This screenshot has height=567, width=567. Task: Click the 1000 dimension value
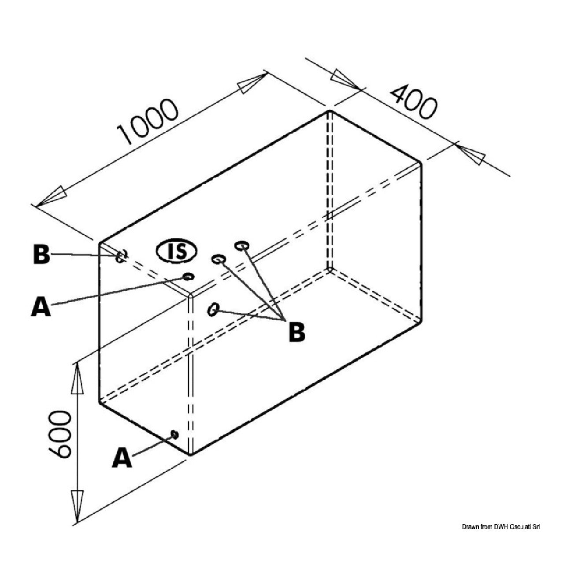tap(148, 122)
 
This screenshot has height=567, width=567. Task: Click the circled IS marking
tap(176, 252)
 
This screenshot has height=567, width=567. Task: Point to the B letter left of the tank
tap(41, 254)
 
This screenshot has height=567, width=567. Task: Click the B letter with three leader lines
tap(296, 332)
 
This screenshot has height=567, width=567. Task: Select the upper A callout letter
tap(41, 306)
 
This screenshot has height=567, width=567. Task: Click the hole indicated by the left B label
tap(121, 256)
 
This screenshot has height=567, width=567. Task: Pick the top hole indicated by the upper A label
tap(188, 277)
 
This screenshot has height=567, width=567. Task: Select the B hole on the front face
tap(213, 309)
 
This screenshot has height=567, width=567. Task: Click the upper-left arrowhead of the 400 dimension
tap(345, 79)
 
